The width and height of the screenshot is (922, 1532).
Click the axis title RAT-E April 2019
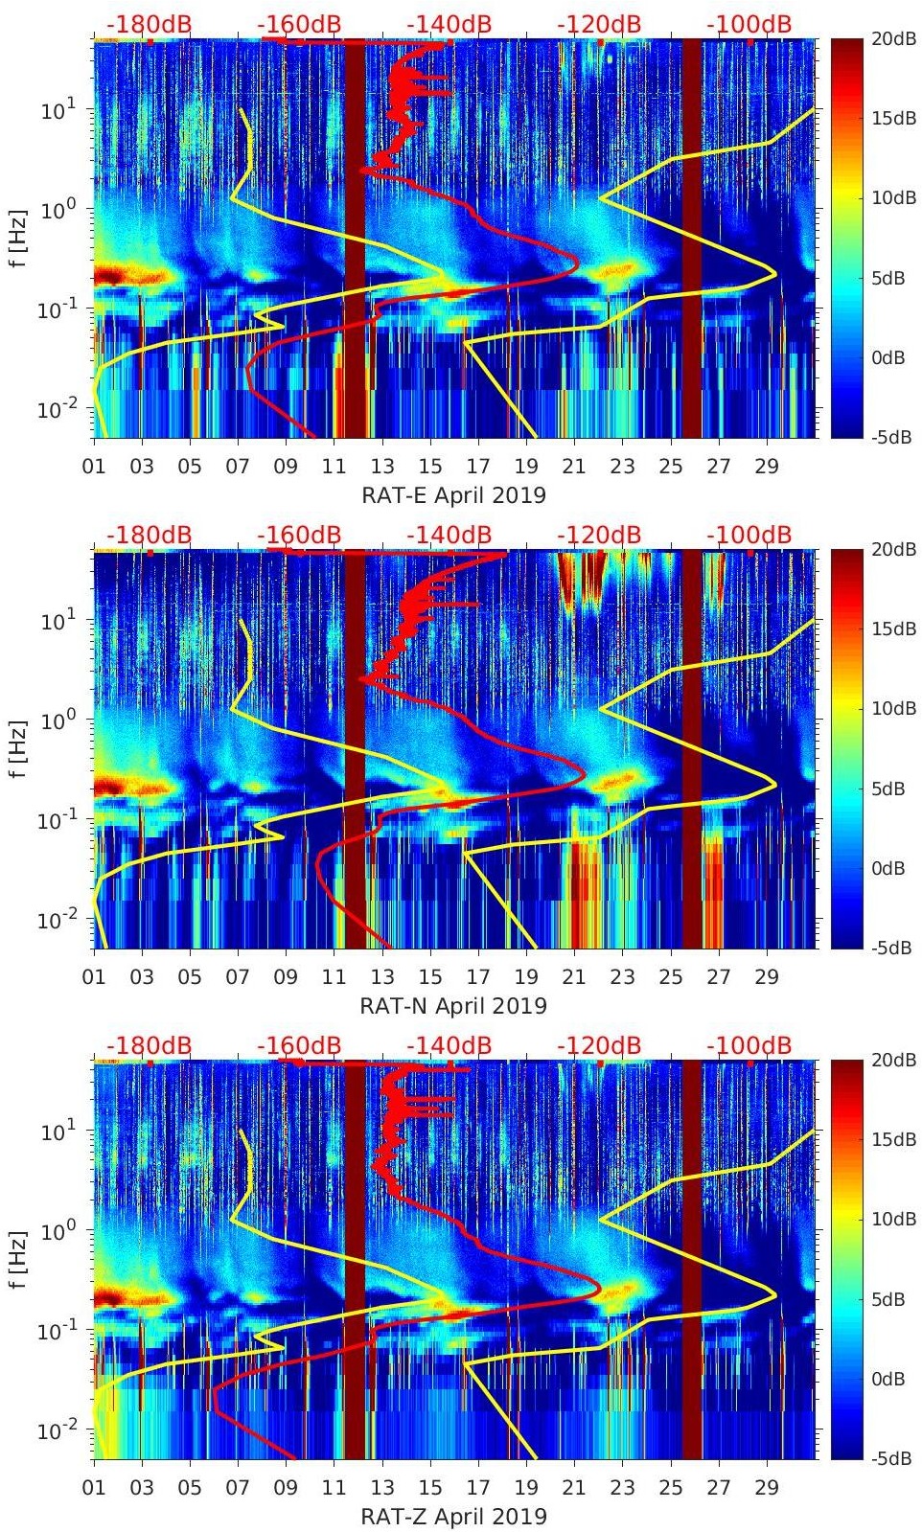(453, 495)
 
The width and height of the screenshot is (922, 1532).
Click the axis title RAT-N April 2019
(453, 1006)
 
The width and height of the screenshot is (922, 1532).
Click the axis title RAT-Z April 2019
(453, 1517)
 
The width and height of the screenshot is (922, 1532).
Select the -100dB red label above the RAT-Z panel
(749, 1045)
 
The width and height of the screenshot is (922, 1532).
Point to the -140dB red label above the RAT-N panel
(449, 535)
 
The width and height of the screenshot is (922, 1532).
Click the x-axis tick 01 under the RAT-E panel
(94, 467)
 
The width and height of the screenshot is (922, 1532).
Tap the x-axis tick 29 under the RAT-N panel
(767, 977)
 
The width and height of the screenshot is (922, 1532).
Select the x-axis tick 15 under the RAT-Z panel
(430, 1488)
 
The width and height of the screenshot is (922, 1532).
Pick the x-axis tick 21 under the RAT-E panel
(574, 467)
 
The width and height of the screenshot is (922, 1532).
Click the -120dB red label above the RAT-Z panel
(599, 1045)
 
